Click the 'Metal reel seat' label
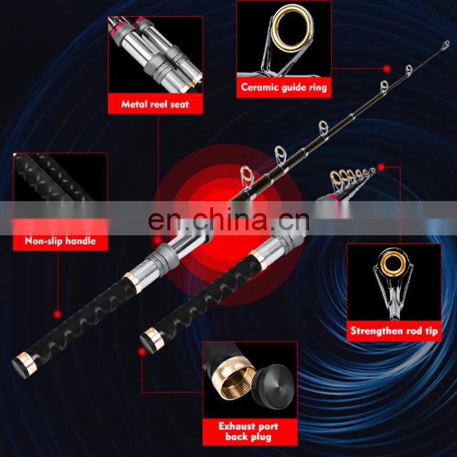coord(155,104)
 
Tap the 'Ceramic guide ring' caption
coord(284,87)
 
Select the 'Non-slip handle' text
coord(61,240)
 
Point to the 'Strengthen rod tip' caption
coord(394,331)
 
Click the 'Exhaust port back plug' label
coord(248,431)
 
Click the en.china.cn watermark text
coord(228,219)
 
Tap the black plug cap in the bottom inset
coord(273,387)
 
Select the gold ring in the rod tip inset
coord(392,265)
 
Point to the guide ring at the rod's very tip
coord(446,45)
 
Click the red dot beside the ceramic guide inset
coord(387,69)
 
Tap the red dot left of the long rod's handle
coord(57,314)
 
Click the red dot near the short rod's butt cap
coord(142,352)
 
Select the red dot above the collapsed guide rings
coord(381,167)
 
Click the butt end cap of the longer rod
coord(23,366)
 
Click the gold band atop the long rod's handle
coord(133,282)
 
